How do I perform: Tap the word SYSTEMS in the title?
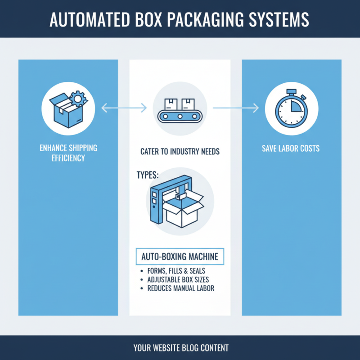[280, 20]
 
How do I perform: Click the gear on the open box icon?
[78, 98]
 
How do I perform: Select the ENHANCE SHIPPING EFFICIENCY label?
[68, 153]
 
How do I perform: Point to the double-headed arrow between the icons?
[124, 108]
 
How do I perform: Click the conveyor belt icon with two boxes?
[180, 110]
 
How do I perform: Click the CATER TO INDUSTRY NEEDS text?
[180, 152]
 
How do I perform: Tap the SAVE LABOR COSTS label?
[291, 148]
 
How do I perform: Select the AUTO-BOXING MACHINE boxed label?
[180, 257]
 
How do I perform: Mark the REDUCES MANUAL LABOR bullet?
[180, 288]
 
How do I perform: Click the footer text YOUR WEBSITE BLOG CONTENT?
[180, 348]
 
